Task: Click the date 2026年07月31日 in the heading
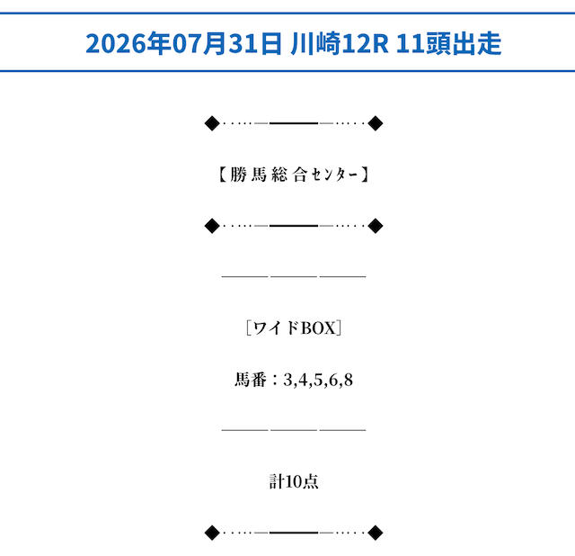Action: point(183,43)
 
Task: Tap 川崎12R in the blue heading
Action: point(340,43)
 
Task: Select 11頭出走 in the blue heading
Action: point(448,43)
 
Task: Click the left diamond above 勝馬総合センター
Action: point(212,123)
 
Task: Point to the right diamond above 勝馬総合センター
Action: point(376,123)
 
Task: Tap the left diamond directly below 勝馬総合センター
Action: point(212,226)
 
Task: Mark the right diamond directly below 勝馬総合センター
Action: point(376,226)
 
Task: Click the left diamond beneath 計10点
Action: point(212,533)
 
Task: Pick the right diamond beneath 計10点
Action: point(376,533)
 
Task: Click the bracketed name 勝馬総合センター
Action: point(294,175)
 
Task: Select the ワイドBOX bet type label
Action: point(294,328)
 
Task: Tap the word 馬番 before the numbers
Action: point(251,380)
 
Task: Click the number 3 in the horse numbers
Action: point(287,380)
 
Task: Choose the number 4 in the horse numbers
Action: point(303,380)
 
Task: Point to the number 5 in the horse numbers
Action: point(318,380)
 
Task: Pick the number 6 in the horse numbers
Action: point(333,380)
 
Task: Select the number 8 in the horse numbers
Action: point(349,380)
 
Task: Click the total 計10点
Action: point(294,481)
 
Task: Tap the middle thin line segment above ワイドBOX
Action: point(294,276)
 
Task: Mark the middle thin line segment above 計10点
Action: point(294,430)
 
